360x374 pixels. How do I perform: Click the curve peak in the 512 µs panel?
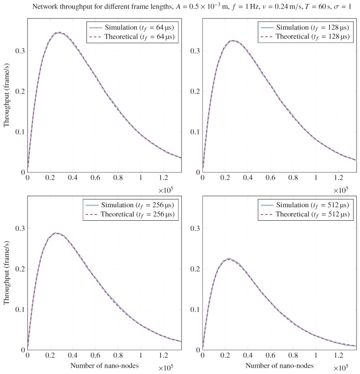tap(229, 259)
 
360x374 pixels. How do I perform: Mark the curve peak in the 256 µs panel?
tap(56, 233)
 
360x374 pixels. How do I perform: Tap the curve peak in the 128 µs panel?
tap(233, 40)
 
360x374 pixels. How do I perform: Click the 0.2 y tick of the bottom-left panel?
tap(18, 269)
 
